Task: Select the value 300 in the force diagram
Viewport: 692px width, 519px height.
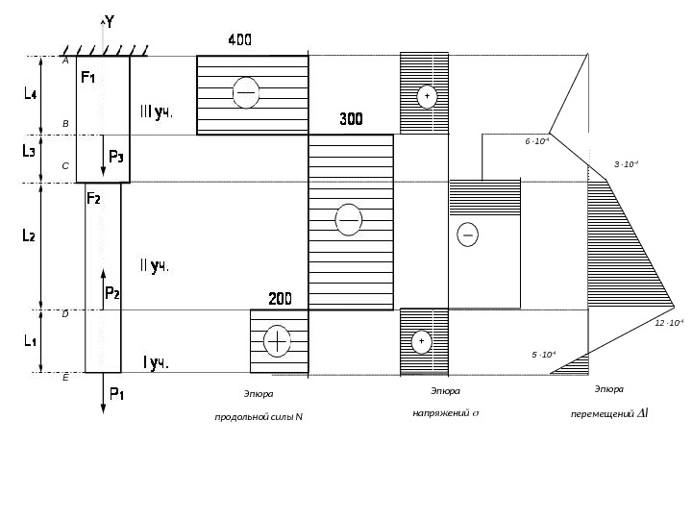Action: click(x=352, y=120)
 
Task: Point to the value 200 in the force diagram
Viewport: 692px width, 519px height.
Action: click(x=280, y=299)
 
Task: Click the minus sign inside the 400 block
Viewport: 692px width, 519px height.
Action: click(x=247, y=91)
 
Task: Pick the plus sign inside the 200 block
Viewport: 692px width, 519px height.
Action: click(x=277, y=341)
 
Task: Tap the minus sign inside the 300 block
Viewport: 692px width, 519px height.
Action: click(x=348, y=220)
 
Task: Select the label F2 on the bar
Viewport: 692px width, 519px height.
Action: click(x=95, y=199)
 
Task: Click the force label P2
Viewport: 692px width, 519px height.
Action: click(x=111, y=293)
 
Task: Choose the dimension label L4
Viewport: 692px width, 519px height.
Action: click(x=30, y=95)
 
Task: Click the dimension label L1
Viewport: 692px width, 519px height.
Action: click(x=30, y=340)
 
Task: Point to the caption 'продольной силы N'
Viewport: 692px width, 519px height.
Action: click(x=259, y=416)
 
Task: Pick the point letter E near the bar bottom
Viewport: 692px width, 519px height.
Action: click(x=64, y=379)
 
